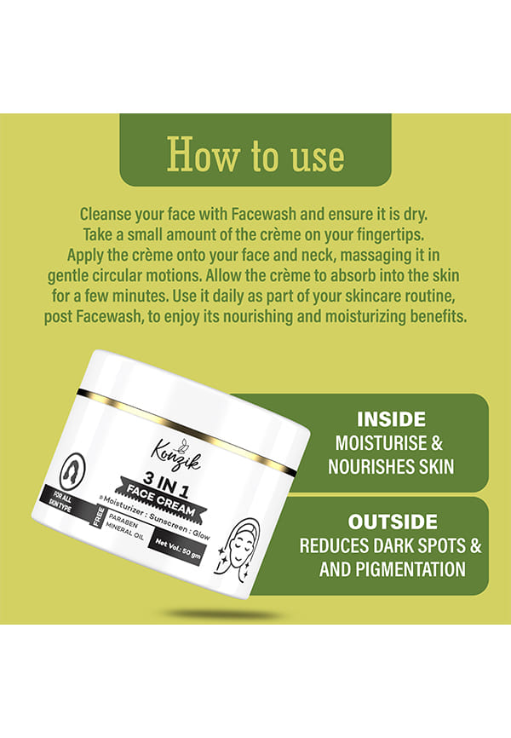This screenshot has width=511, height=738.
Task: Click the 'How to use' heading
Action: click(255, 154)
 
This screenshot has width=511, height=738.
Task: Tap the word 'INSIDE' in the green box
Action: click(391, 419)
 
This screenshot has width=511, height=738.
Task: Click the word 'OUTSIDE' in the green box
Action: click(393, 522)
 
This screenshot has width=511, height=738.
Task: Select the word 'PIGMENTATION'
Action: click(411, 569)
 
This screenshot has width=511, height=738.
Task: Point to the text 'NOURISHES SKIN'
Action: click(391, 467)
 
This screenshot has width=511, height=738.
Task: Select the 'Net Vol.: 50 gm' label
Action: click(178, 549)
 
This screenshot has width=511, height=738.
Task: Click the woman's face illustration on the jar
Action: click(240, 546)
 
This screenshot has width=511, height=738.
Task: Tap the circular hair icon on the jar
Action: click(73, 470)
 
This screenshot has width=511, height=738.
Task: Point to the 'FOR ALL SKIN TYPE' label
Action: click(61, 503)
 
